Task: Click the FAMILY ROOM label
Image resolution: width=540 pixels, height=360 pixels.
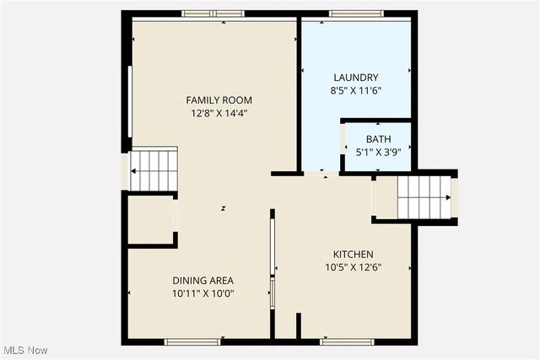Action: click(219, 100)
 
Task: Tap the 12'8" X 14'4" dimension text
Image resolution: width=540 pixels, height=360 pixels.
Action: click(219, 113)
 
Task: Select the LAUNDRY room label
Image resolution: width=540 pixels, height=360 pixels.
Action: click(355, 77)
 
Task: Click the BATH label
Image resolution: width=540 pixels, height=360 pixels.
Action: click(378, 139)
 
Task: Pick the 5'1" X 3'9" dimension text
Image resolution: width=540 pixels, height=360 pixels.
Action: click(378, 153)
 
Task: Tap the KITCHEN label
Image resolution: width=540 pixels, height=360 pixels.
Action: click(353, 255)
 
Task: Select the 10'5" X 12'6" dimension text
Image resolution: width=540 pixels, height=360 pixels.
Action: click(353, 267)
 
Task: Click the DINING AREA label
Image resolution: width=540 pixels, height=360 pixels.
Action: click(202, 281)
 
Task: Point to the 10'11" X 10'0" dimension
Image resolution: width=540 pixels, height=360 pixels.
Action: click(202, 293)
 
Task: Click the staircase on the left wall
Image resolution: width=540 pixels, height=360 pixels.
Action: click(155, 170)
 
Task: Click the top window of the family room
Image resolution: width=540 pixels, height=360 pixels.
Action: click(213, 13)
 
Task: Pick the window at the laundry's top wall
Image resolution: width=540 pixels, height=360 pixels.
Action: click(344, 13)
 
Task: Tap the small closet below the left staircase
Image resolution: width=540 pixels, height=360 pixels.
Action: click(150, 220)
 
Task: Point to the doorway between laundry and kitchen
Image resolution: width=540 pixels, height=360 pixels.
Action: click(319, 174)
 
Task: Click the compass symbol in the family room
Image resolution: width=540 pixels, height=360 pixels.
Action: click(224, 207)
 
